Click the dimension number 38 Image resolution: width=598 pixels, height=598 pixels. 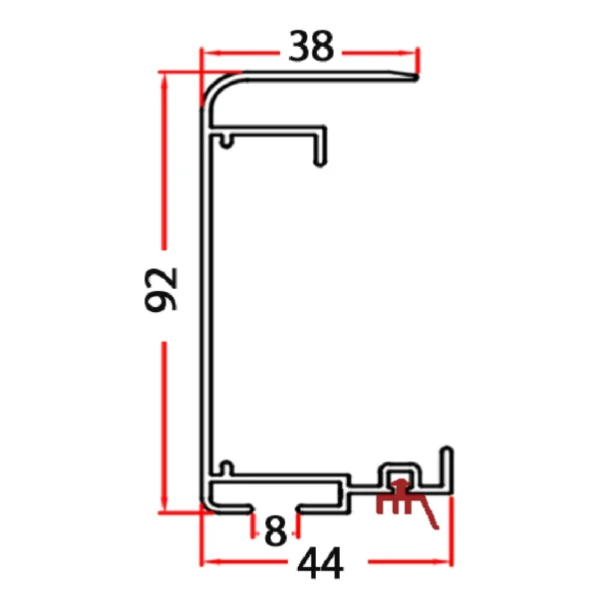click(310, 46)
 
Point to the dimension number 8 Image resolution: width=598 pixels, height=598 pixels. click(276, 529)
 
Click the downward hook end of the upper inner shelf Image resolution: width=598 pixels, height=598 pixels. click(322, 153)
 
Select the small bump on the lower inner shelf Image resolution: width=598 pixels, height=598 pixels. click(227, 465)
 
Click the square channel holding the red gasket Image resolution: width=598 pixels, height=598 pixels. click(400, 472)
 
